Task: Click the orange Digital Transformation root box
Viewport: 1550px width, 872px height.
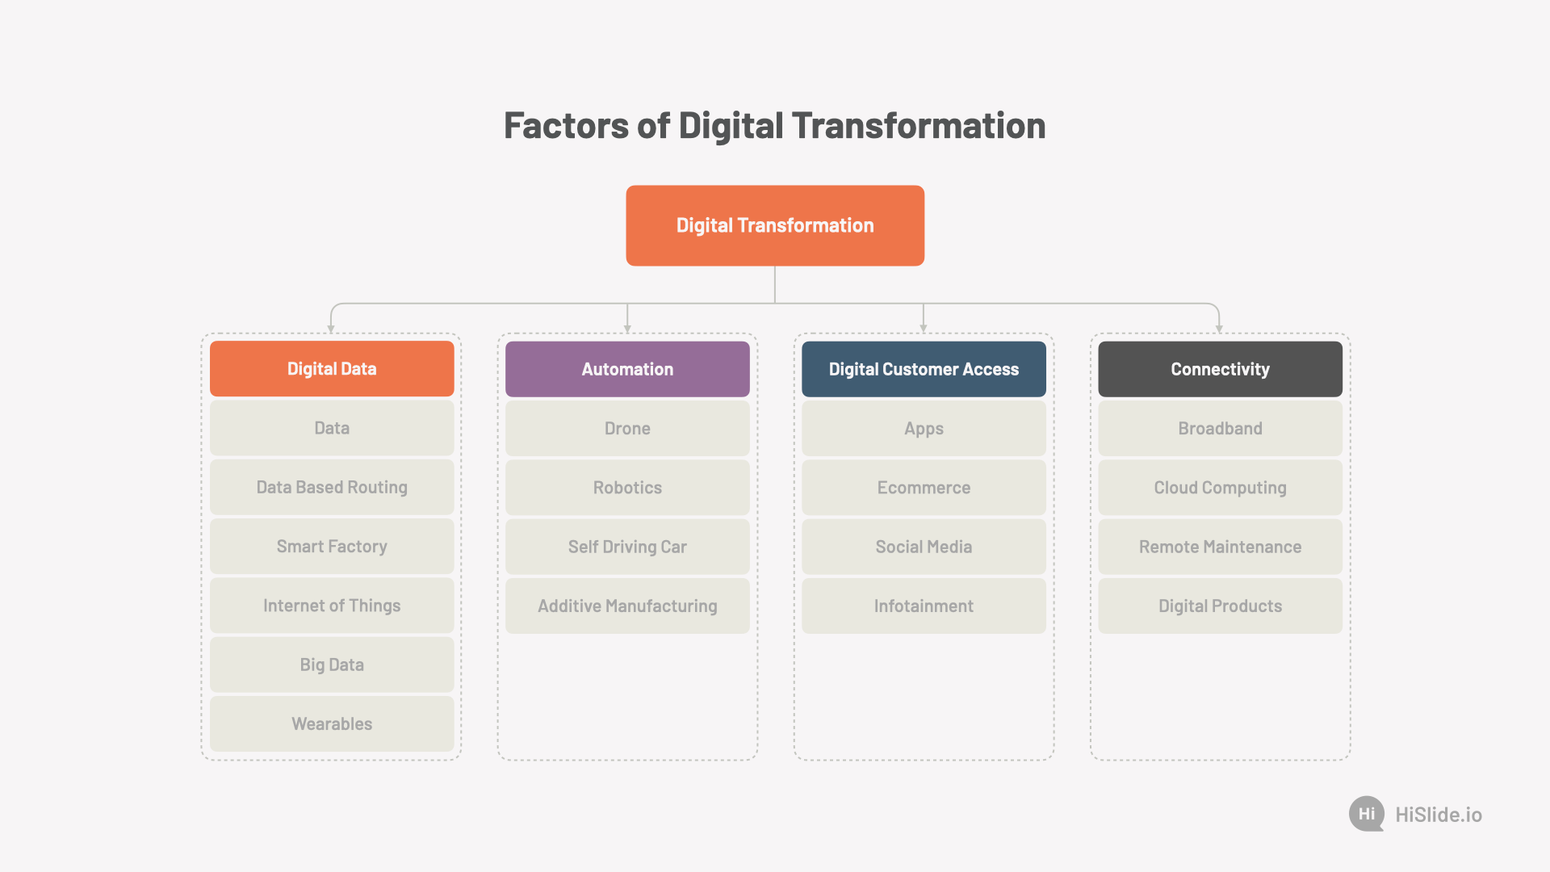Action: pyautogui.click(x=775, y=225)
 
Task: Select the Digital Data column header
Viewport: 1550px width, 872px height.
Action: pyautogui.click(x=332, y=369)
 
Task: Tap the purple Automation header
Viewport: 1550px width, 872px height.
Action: pyautogui.click(x=627, y=369)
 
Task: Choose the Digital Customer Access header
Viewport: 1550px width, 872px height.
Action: pyautogui.click(x=924, y=369)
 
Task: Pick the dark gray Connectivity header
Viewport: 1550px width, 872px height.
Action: pyautogui.click(x=1220, y=369)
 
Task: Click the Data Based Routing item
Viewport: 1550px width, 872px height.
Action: pyautogui.click(x=332, y=487)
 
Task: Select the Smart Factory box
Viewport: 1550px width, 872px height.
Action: pyautogui.click(x=332, y=547)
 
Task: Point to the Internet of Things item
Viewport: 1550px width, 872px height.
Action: pyautogui.click(x=332, y=606)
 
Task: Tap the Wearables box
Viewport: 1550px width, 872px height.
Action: pyautogui.click(x=332, y=723)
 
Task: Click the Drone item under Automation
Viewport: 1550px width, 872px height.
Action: pyautogui.click(x=627, y=428)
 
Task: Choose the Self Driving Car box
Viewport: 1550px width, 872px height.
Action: pyautogui.click(x=627, y=547)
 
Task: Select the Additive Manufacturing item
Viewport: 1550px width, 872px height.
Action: pyautogui.click(x=627, y=606)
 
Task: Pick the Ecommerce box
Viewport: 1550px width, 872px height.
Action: pyautogui.click(x=924, y=487)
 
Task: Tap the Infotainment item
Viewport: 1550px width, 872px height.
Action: pyautogui.click(x=924, y=606)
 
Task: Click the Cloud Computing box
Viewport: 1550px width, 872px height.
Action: pyautogui.click(x=1220, y=487)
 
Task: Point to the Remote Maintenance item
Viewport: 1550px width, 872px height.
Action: pyautogui.click(x=1220, y=547)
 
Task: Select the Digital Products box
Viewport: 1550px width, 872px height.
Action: pyautogui.click(x=1220, y=606)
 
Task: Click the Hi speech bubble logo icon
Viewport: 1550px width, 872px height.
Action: pyautogui.click(x=1367, y=814)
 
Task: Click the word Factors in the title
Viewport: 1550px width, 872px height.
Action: pyautogui.click(x=566, y=126)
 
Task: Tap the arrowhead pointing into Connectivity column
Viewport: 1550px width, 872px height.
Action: pyautogui.click(x=1219, y=329)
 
